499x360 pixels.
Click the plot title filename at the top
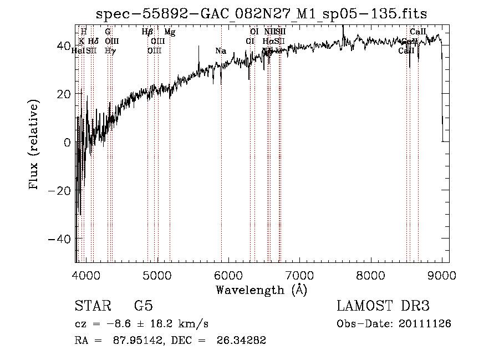(x=262, y=13)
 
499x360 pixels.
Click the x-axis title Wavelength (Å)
(x=261, y=290)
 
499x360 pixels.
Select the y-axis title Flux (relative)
(x=35, y=145)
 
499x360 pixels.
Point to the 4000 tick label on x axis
(x=86, y=275)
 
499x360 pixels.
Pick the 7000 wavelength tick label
(x=300, y=275)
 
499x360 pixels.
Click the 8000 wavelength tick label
(x=371, y=275)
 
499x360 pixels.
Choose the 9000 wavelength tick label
(x=442, y=275)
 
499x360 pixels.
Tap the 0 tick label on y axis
(x=67, y=142)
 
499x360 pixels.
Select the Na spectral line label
(x=221, y=51)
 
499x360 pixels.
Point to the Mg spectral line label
(x=170, y=32)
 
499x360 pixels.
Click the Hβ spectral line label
(x=147, y=32)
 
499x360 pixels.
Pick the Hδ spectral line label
(x=93, y=42)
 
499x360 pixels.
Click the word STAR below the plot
(x=91, y=306)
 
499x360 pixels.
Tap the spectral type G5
(x=143, y=306)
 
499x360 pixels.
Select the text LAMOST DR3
(x=383, y=306)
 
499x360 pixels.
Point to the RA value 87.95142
(x=136, y=341)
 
